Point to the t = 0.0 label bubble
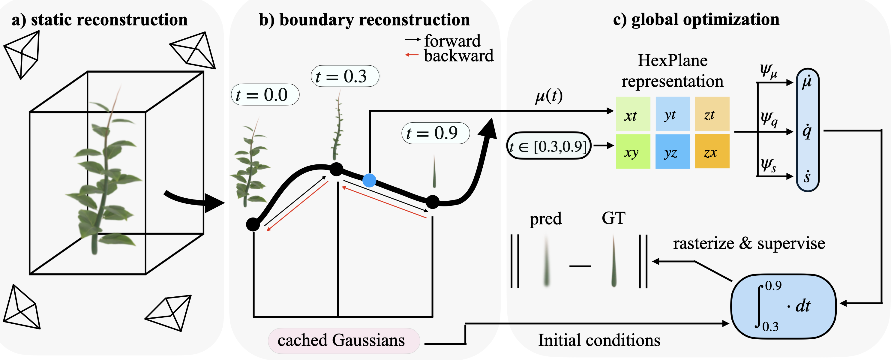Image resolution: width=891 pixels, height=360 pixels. coord(265,94)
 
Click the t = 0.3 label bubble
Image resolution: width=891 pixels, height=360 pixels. coord(345,76)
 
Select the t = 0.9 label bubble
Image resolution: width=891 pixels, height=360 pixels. coord(436,133)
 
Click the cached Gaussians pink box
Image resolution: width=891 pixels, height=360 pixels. coord(344,340)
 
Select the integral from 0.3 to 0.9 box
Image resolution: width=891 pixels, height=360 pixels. coord(783,306)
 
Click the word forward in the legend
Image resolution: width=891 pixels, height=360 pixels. coord(452,41)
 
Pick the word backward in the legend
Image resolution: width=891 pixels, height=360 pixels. coord(459,56)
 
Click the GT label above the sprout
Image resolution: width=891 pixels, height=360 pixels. coord(613,218)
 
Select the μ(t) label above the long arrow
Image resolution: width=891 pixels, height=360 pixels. coord(549,96)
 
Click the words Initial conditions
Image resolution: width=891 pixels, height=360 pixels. coord(599,340)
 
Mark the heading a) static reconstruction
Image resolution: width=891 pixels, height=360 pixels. coord(100,20)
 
